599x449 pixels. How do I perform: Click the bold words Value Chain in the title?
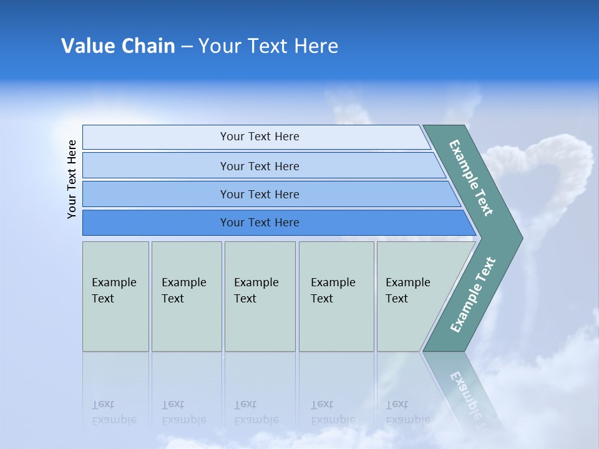(x=118, y=46)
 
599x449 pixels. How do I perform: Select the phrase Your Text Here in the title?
(x=268, y=46)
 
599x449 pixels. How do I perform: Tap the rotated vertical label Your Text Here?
(x=72, y=179)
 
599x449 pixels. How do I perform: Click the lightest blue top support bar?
(x=256, y=137)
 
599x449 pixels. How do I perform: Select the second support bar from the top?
(x=264, y=165)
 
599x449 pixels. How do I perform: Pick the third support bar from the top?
(x=271, y=194)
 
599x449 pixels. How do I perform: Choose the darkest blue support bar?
(x=280, y=223)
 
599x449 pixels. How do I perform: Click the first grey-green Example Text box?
(x=116, y=296)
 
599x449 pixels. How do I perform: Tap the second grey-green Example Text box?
(x=187, y=296)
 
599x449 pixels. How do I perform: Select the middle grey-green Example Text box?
(x=260, y=296)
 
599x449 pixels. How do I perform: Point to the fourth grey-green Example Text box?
(x=336, y=296)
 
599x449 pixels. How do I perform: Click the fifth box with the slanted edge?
(x=412, y=296)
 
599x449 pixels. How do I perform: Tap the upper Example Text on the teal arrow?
(x=471, y=178)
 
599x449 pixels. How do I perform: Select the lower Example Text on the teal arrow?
(x=473, y=294)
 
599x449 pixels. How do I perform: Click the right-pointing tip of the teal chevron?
(x=523, y=238)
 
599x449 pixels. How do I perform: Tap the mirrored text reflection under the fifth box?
(x=408, y=412)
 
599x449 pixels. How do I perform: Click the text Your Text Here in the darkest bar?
(x=260, y=223)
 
